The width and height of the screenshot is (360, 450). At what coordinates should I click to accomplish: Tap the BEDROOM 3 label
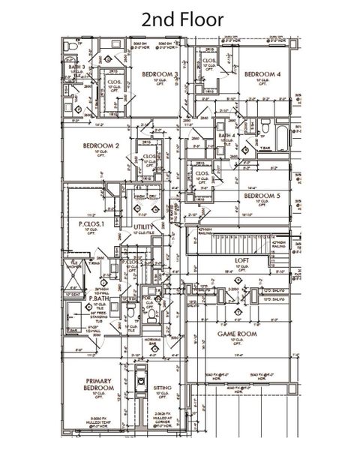pyautogui.click(x=160, y=73)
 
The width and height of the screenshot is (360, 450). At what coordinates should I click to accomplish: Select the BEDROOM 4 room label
pyautogui.click(x=262, y=74)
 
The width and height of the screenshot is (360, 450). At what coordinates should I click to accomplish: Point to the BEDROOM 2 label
pyautogui.click(x=101, y=145)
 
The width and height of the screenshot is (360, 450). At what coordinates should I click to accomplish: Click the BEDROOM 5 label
pyautogui.click(x=262, y=196)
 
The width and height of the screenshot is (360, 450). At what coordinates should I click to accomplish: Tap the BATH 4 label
pyautogui.click(x=227, y=135)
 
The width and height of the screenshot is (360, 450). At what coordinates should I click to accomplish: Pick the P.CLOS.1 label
pyautogui.click(x=91, y=223)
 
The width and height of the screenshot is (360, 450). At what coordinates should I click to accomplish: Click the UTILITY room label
pyautogui.click(x=143, y=226)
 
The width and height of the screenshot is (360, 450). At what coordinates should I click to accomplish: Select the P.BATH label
pyautogui.click(x=100, y=298)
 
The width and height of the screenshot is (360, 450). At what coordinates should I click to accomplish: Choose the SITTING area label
pyautogui.click(x=162, y=388)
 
